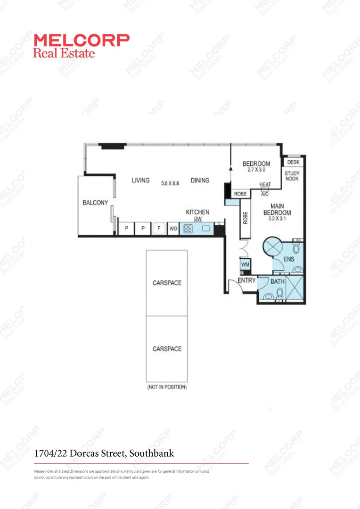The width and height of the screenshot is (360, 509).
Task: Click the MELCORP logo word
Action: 81,40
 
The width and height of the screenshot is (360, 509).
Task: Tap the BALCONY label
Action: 96,203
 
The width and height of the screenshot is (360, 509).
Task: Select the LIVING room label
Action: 140,180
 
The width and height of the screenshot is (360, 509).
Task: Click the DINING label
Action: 200,180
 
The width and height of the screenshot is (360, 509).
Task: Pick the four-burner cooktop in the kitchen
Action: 188,229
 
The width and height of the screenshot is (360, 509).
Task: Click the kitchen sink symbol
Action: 206,229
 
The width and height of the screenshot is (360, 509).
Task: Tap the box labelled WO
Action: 173,229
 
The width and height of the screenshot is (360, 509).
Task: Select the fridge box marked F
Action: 159,229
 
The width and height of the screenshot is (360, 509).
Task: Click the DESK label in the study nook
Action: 293,162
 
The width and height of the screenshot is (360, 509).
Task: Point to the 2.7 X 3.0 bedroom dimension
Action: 256,170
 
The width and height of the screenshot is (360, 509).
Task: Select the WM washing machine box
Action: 245,264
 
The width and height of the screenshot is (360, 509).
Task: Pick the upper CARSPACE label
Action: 167,283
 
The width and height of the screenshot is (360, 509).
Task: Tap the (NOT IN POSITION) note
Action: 167,387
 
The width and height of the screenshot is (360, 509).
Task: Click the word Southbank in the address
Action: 152,453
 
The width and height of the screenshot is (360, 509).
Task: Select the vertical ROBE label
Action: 245,217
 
